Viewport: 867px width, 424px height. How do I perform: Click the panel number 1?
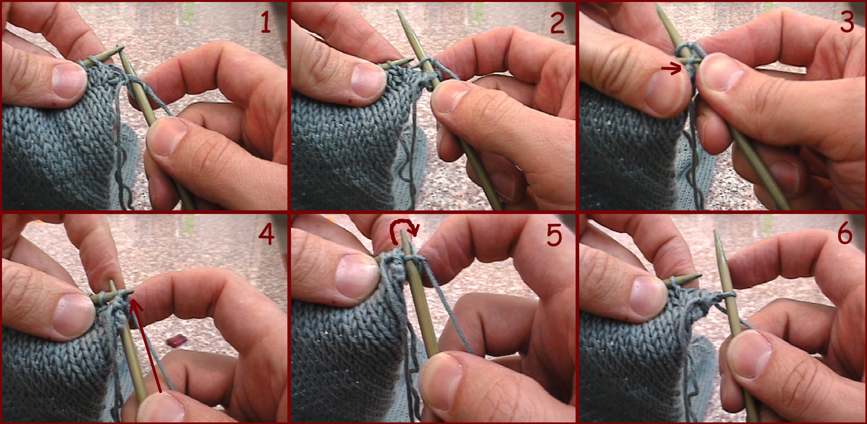click(x=265, y=22)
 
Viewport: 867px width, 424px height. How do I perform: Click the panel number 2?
click(x=557, y=23)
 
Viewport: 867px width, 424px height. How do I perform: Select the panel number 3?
click(x=847, y=22)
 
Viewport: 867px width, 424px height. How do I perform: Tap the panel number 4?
click(x=266, y=234)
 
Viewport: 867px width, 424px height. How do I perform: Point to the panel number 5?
click(x=554, y=235)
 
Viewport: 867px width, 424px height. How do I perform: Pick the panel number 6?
click(x=845, y=233)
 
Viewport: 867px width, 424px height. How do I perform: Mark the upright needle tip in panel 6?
click(x=716, y=235)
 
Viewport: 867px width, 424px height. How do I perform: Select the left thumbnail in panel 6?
click(x=647, y=297)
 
